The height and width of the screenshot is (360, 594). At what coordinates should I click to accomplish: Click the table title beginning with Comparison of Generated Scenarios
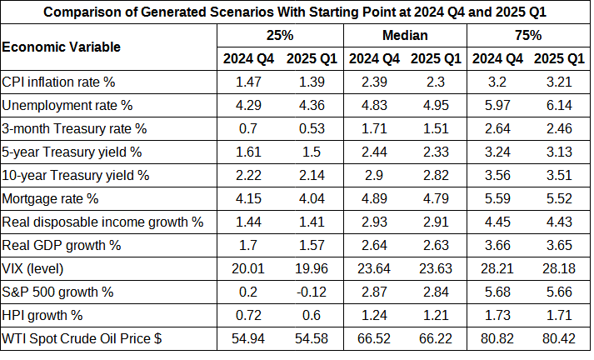[296, 12]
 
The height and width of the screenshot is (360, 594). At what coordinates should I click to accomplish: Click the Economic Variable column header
[62, 47]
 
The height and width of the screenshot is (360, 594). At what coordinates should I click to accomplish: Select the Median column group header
[405, 35]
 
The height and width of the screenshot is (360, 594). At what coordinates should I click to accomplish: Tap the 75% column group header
[528, 35]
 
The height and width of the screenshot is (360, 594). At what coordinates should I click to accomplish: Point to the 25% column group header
[280, 35]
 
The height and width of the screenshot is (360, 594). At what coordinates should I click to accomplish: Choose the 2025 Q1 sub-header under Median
[436, 58]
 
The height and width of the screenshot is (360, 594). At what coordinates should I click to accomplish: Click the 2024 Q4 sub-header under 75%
[497, 58]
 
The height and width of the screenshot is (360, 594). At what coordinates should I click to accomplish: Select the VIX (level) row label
[33, 269]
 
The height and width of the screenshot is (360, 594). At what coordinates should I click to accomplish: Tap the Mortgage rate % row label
[51, 199]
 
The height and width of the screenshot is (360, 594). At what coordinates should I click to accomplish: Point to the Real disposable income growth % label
[103, 222]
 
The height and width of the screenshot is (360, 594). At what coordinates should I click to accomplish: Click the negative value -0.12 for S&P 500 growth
[311, 292]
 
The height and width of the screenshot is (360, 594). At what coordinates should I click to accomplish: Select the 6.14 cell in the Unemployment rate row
[559, 106]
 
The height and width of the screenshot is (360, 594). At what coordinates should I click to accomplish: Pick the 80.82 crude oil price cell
[497, 339]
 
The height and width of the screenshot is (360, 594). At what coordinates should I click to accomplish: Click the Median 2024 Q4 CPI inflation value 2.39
[374, 82]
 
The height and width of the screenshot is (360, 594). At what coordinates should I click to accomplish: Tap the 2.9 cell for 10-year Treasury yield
[374, 176]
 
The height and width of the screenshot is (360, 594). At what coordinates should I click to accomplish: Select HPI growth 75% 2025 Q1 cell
[559, 316]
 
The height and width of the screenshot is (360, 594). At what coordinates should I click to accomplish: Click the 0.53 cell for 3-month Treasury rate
[311, 129]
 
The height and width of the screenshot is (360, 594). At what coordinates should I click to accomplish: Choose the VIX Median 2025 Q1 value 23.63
[436, 269]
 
